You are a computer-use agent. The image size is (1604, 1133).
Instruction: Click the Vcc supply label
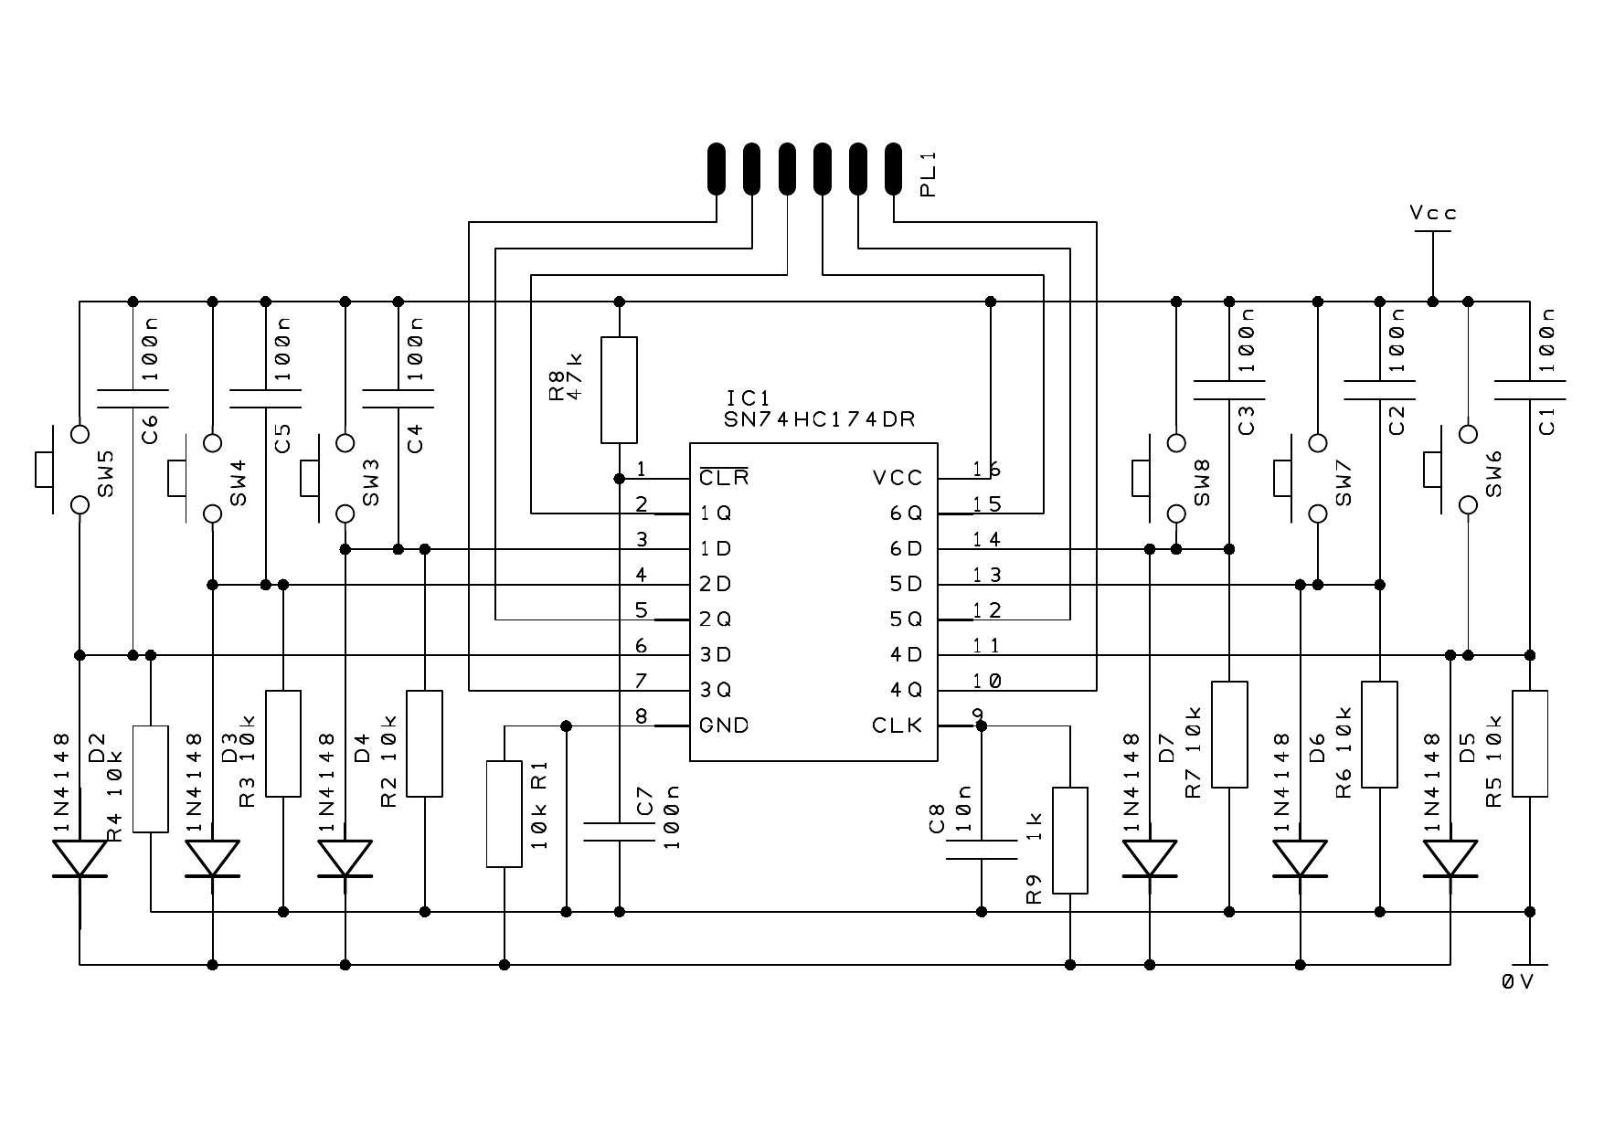(1432, 213)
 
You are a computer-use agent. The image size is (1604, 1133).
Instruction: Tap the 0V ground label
(1517, 981)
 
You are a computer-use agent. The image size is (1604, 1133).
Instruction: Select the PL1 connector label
(929, 175)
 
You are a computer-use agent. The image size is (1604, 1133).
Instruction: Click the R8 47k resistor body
(619, 390)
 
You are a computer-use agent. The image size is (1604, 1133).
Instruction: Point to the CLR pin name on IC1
(724, 478)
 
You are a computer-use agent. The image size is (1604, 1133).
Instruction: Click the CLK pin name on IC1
(897, 725)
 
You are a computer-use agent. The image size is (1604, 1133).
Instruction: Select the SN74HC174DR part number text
(819, 419)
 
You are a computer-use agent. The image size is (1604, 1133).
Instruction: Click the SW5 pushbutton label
(106, 473)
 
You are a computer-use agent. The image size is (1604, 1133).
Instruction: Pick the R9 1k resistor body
(1070, 840)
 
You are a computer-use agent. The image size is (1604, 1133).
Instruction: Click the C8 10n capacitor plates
(982, 850)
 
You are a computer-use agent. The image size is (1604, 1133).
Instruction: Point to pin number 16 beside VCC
(986, 470)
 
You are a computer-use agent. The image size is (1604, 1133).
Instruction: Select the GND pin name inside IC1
(724, 725)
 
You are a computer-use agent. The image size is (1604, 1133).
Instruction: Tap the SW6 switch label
(1493, 473)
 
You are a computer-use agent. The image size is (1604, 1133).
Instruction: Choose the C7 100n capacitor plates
(619, 831)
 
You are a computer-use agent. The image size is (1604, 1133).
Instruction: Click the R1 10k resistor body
(504, 813)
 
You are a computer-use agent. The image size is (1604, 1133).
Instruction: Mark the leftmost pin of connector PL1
(716, 168)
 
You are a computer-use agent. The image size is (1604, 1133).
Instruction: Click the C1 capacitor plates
(1529, 390)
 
